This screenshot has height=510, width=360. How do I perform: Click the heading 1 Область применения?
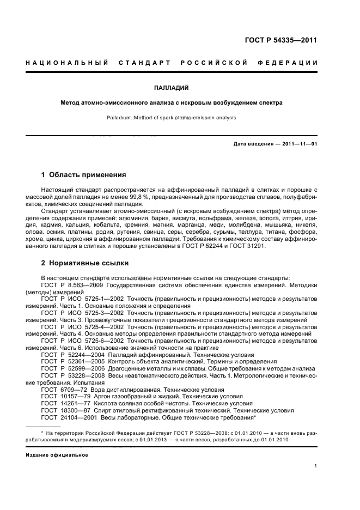pos(84,175)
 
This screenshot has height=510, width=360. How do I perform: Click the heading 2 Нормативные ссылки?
pos(85,263)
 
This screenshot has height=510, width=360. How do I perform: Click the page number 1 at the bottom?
pos(316,465)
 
